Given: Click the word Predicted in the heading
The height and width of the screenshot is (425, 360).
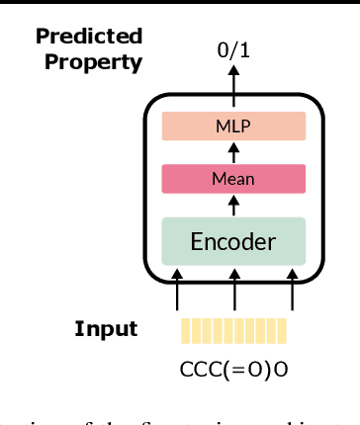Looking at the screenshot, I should pos(89,38).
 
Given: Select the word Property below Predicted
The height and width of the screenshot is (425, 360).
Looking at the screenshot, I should pos(98,61).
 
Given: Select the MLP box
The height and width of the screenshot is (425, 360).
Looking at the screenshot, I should pos(234,126).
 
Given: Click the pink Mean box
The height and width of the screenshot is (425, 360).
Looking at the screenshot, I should pos(234,179).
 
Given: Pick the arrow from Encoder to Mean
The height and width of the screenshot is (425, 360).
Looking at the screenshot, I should pos(234,205).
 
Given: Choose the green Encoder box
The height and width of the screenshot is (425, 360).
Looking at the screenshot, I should pos(234,241).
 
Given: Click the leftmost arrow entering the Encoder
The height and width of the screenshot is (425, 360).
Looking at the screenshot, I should pos(177,288).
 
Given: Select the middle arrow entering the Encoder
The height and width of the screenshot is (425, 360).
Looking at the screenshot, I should pos(234,288).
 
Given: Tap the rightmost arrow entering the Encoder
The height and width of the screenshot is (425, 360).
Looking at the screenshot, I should pos(292,288).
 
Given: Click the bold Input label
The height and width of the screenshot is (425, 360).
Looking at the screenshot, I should pos(106,329).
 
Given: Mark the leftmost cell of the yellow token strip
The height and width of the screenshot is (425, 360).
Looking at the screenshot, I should pos(183,330).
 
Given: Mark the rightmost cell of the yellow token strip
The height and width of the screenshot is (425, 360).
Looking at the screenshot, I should pos(282,330).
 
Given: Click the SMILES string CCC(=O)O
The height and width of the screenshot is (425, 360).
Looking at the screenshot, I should pos(234,370).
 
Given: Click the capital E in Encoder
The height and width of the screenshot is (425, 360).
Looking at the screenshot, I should pos(196,241).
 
